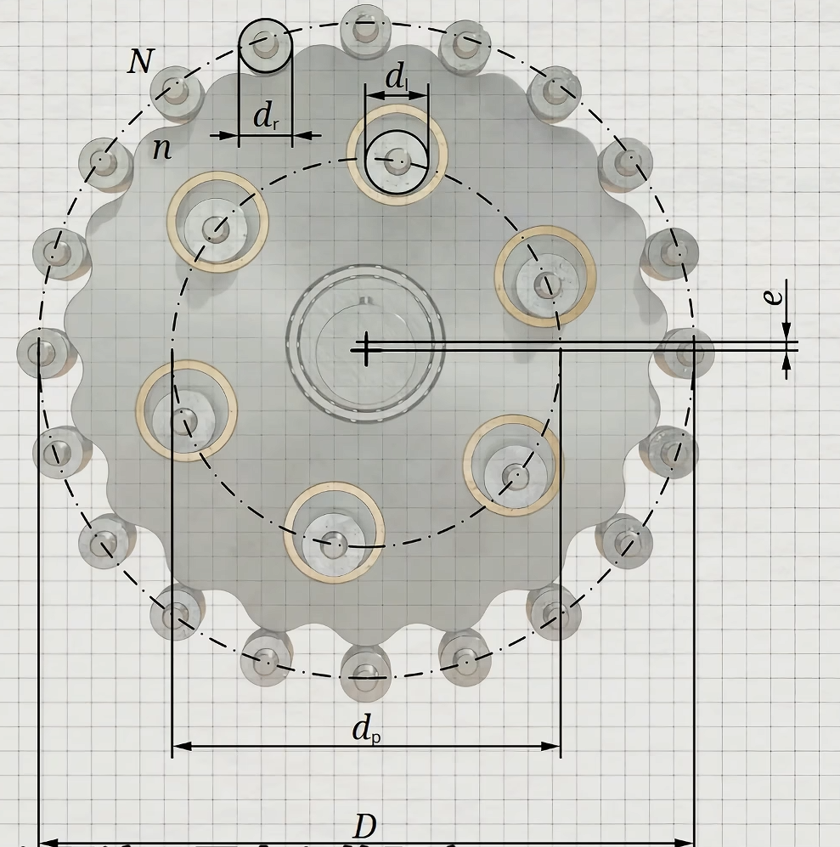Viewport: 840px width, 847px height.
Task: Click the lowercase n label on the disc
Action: [x=162, y=149]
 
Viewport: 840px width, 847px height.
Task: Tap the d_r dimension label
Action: [x=266, y=116]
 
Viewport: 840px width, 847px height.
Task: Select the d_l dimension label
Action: [x=397, y=76]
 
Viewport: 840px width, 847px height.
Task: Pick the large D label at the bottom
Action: [x=365, y=826]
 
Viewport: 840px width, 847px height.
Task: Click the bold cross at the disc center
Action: [x=366, y=349]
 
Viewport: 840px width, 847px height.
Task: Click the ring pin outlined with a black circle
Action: [x=265, y=46]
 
